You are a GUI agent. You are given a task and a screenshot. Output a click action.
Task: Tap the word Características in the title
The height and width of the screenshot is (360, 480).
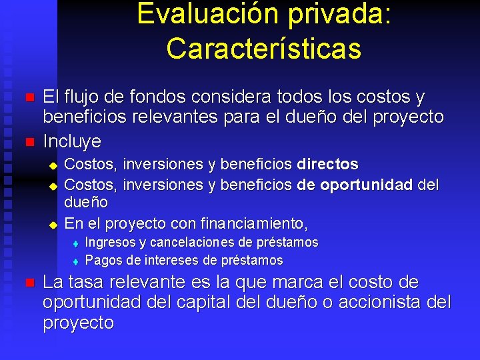click(x=264, y=47)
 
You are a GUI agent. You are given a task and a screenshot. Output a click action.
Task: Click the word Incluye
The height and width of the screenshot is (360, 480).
click(x=72, y=141)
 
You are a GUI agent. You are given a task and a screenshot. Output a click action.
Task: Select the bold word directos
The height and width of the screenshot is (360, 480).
click(x=328, y=164)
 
